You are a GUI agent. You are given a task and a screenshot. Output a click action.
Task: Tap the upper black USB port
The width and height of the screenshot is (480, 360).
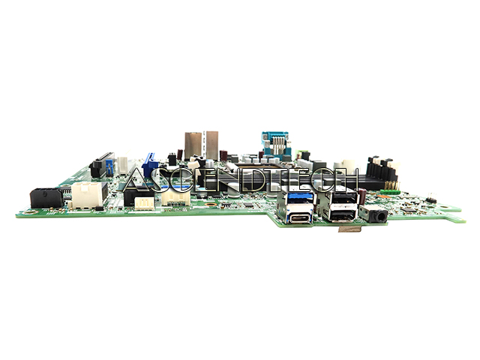(x=343, y=198)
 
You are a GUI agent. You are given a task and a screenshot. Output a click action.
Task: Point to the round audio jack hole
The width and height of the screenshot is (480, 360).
(x=381, y=217)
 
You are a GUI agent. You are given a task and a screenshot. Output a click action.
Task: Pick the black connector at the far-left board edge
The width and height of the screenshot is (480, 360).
(x=46, y=198)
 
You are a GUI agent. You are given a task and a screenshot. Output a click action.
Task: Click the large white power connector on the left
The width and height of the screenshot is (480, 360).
(x=88, y=195)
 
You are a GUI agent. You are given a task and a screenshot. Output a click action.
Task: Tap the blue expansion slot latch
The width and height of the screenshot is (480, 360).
(x=150, y=165)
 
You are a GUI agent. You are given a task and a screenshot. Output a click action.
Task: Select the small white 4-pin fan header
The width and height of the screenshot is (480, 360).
(x=145, y=203)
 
